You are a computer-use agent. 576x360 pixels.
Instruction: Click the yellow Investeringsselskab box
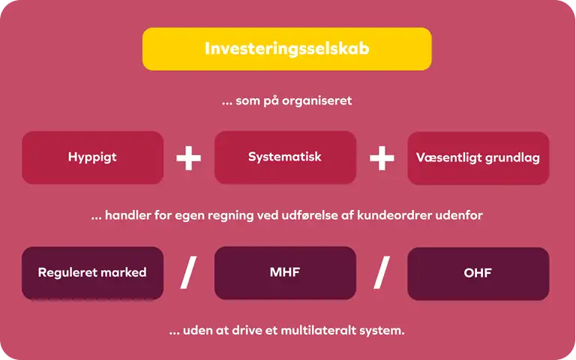coord(287,49)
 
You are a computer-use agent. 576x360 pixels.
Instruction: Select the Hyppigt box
coord(92,157)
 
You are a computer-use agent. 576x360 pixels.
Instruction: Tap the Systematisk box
coord(285,157)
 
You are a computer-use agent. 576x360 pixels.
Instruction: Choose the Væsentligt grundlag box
coord(478,158)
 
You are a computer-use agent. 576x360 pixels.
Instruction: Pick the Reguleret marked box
coord(92,273)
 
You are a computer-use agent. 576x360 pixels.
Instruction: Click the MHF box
coord(285,273)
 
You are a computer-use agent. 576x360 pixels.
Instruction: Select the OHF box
coord(478,274)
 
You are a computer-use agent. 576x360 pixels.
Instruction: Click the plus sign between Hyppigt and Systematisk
coord(188,158)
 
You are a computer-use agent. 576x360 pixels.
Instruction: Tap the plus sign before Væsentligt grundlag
coord(382,158)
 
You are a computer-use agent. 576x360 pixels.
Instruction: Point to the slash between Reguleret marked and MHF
coord(188,272)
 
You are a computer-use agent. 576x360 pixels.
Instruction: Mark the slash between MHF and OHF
coord(382,272)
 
